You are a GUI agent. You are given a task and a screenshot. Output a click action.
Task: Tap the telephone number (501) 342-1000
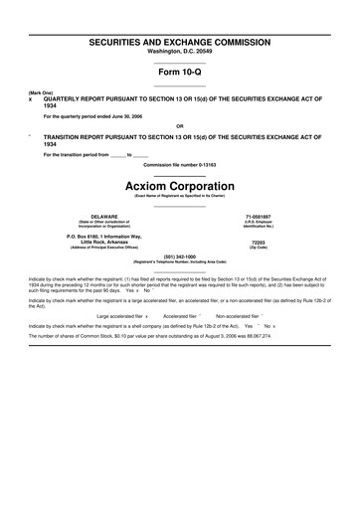pos(180,255)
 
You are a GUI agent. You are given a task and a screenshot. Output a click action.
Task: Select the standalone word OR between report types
pos(180,126)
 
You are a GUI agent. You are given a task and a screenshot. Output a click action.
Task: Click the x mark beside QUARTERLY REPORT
pos(31,100)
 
